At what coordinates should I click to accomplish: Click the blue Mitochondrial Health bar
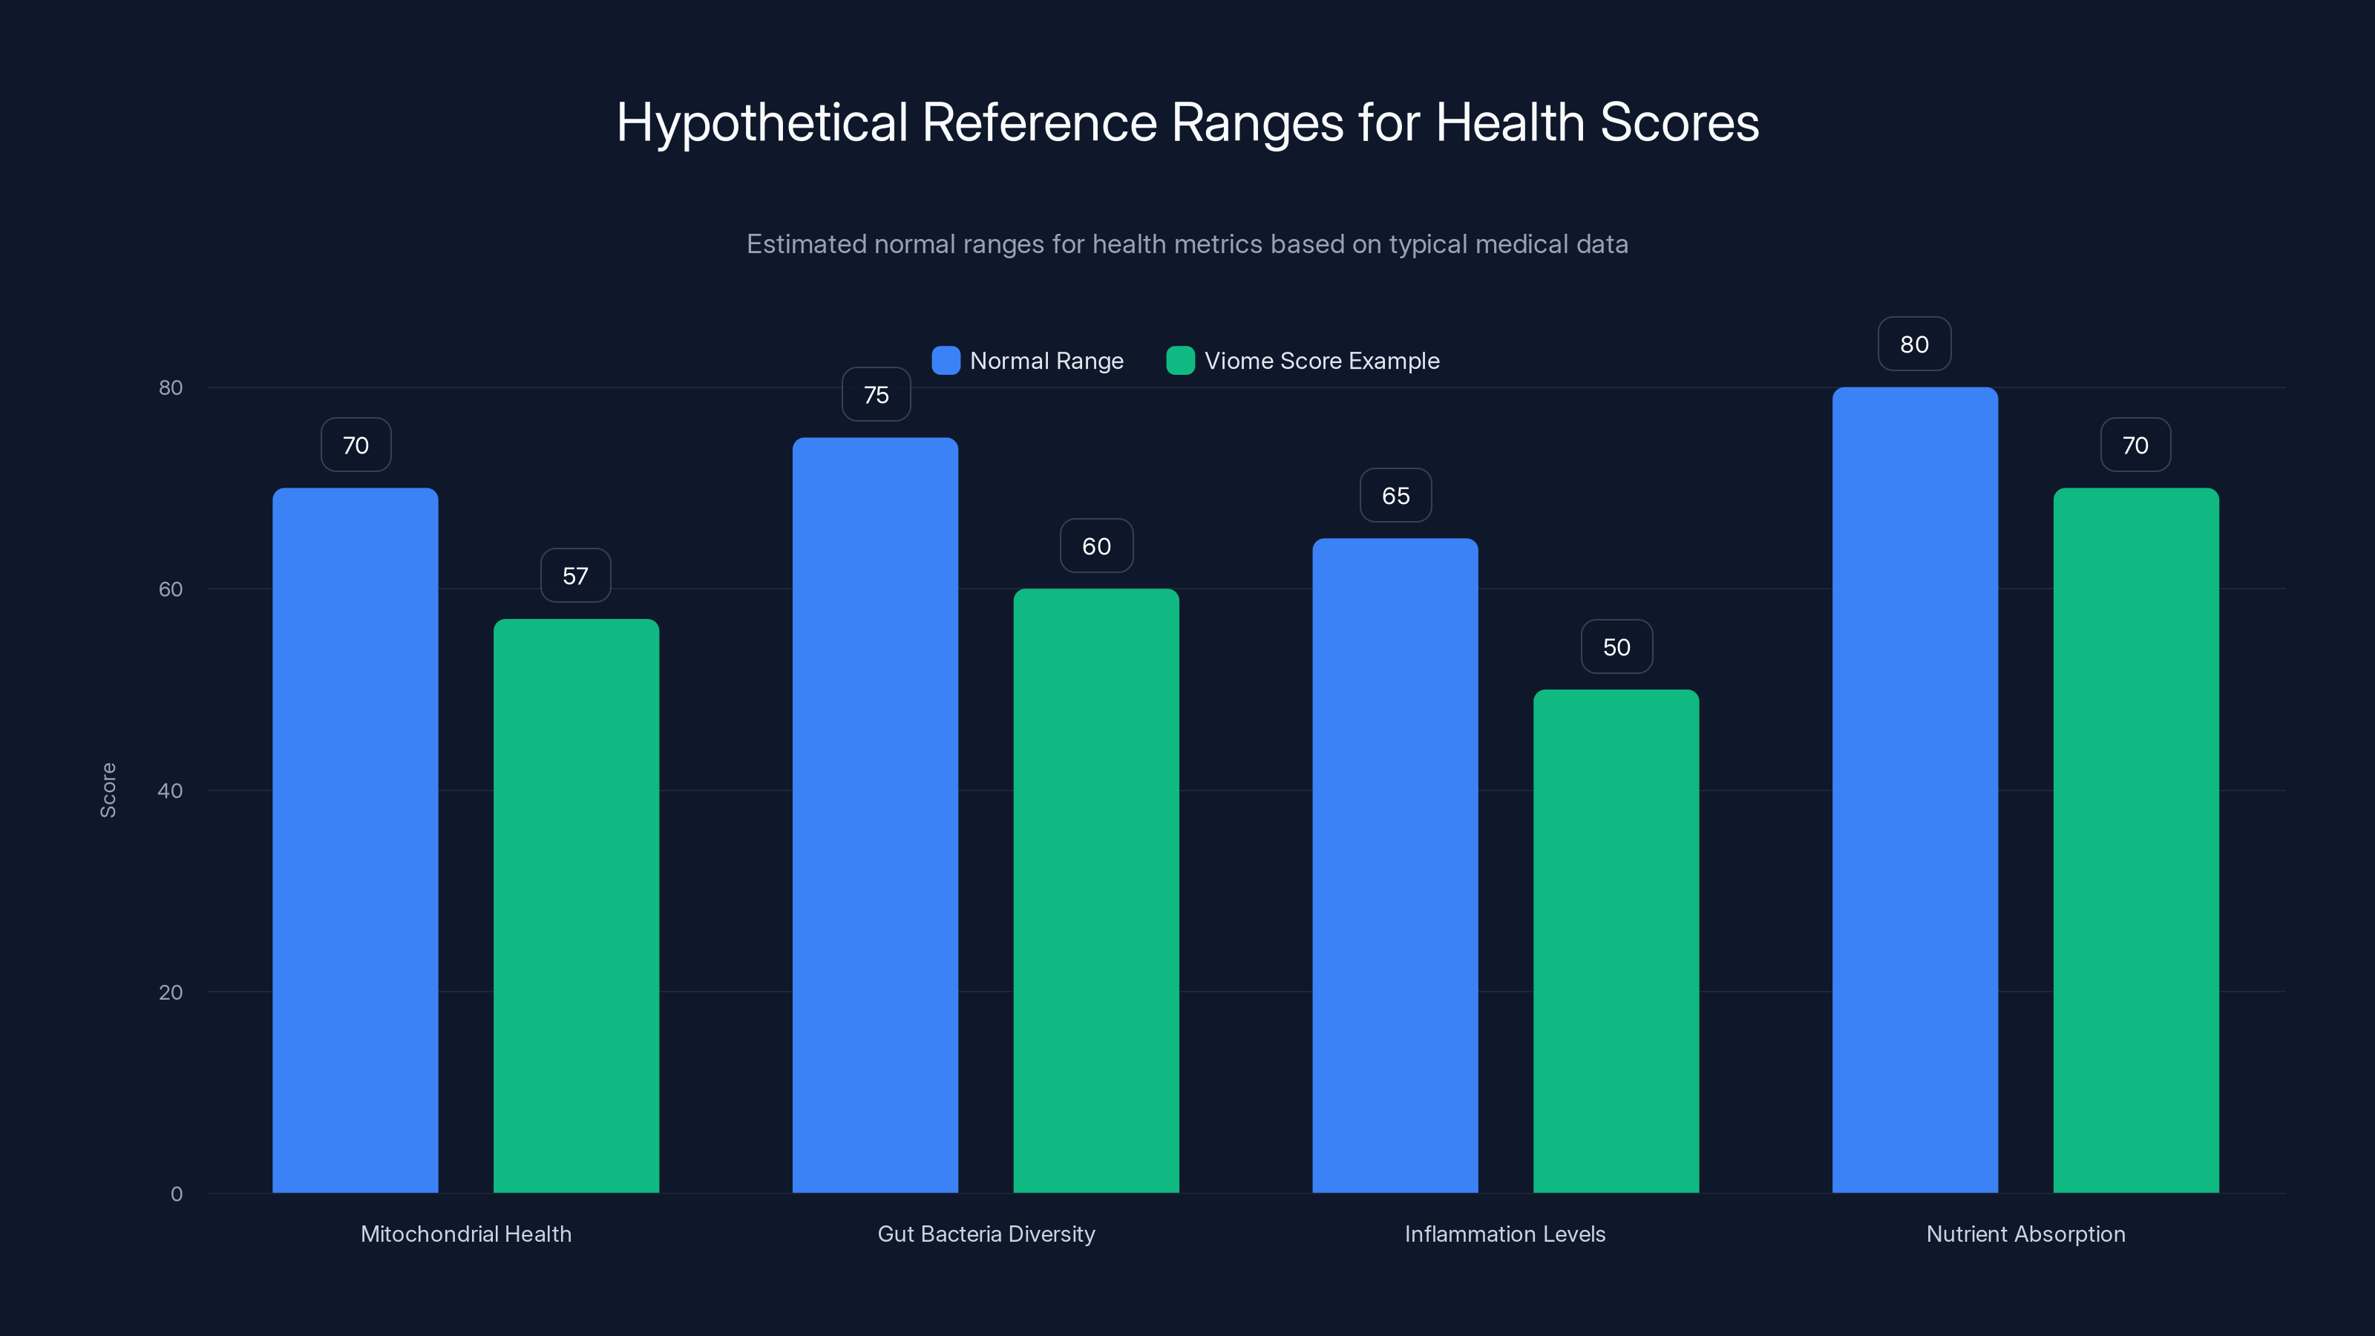coord(355,839)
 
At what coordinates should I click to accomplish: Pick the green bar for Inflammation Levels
coord(1615,940)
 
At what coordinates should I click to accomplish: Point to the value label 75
coord(876,395)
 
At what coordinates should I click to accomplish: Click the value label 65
coord(1395,496)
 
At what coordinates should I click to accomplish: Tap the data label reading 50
coord(1616,647)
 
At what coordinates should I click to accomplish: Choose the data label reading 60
coord(1096,547)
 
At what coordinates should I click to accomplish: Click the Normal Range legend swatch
coord(946,361)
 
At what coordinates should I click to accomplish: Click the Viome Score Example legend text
coord(1321,361)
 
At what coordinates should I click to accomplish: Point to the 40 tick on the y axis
coord(171,790)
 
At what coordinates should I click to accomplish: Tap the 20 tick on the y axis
coord(171,992)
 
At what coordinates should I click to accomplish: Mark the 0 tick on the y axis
coord(176,1194)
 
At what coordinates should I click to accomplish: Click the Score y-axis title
coord(108,790)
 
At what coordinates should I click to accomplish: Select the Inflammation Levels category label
coord(1504,1234)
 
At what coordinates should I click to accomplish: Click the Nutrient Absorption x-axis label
coord(2025,1234)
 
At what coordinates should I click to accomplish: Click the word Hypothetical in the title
coord(761,122)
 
